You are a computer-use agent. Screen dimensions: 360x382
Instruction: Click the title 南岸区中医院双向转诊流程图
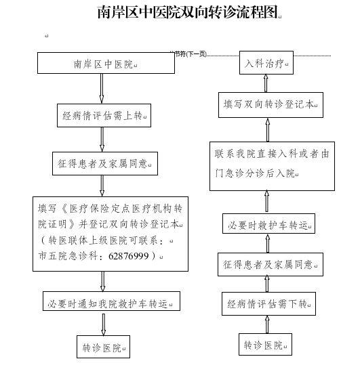[x=188, y=12]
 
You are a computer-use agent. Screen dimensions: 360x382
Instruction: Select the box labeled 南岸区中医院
[x=106, y=63]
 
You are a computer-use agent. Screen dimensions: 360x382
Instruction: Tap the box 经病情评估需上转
[x=104, y=115]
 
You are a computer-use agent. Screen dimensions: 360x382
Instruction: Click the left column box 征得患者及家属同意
[x=105, y=163]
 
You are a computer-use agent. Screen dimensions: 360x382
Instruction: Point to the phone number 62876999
[x=129, y=256]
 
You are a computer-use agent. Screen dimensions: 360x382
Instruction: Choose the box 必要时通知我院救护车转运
[x=111, y=301]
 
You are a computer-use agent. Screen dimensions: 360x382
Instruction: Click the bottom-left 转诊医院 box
[x=104, y=347]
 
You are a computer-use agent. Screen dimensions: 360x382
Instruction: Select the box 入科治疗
[x=266, y=62]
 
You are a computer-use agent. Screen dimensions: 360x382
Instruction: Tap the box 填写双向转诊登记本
[x=271, y=105]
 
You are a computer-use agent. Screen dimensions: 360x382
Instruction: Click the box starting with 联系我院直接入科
[x=272, y=166]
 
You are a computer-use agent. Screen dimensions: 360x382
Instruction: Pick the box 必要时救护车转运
[x=268, y=224]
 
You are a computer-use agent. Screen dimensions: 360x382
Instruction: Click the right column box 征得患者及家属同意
[x=271, y=265]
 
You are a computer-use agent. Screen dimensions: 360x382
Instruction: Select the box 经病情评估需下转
[x=268, y=304]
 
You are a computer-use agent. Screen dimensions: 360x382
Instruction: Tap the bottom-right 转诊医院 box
[x=265, y=345]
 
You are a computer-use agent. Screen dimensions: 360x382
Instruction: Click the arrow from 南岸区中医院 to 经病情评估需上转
[x=102, y=89]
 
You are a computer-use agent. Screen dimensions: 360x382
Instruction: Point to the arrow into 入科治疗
[x=266, y=83]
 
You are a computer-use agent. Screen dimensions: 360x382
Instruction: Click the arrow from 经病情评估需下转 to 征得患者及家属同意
[x=267, y=284]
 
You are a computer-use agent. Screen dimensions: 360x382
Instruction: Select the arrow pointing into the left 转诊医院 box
[x=104, y=324]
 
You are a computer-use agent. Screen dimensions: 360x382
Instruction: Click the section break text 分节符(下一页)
[x=188, y=54]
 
